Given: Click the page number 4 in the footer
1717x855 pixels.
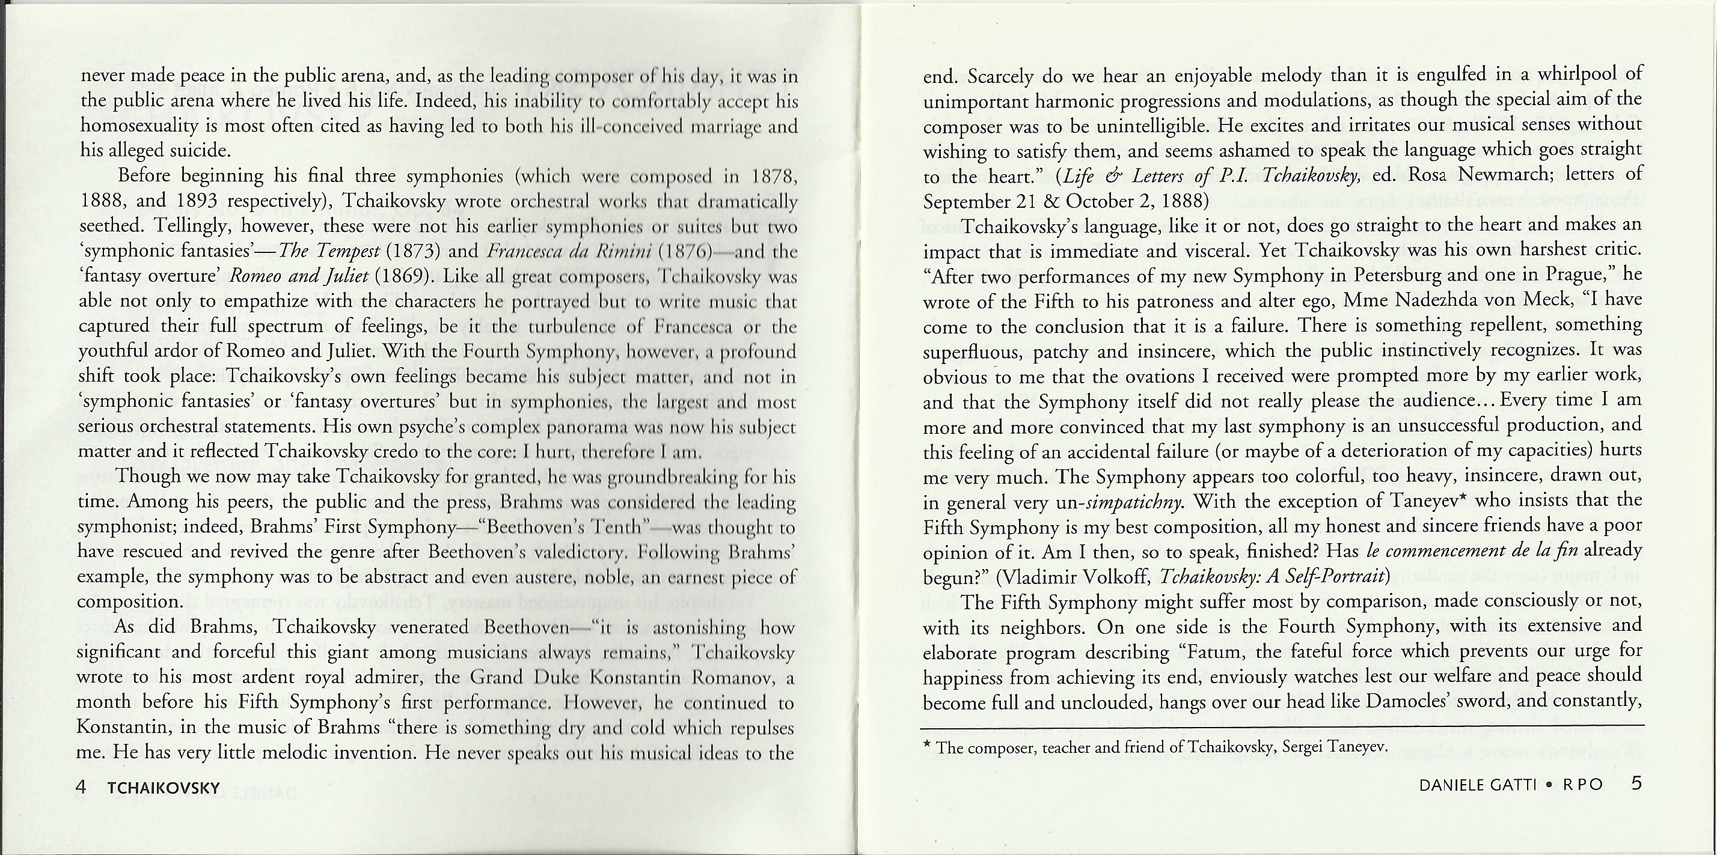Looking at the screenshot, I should (81, 787).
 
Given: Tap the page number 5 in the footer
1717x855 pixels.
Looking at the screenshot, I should (1637, 783).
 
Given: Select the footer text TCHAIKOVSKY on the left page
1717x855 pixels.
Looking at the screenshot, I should (164, 788).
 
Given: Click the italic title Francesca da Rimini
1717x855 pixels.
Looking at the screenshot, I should (568, 251).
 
